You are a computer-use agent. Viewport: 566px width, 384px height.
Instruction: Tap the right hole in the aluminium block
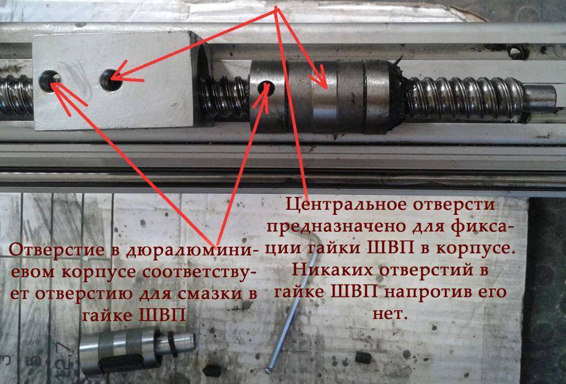pos(110,79)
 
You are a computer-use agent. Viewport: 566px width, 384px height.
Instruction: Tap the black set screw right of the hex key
pos(363,357)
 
